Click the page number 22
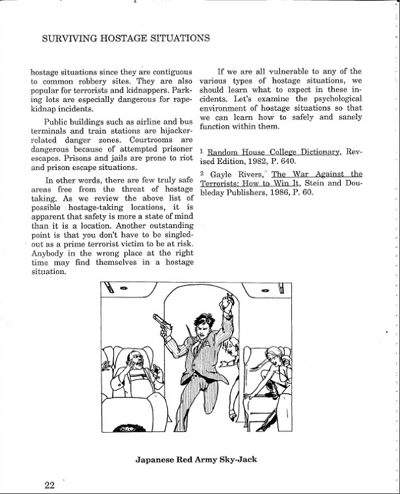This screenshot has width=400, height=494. click(x=49, y=485)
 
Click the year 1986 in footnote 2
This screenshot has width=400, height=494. click(x=287, y=193)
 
